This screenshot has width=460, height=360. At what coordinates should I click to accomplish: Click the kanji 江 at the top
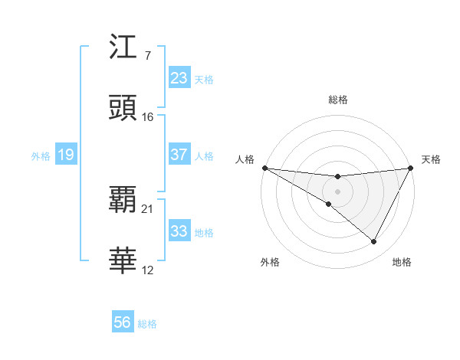pos(123,49)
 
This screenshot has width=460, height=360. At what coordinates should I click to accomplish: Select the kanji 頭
pos(123,108)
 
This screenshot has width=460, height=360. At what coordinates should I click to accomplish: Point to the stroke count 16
pos(148,116)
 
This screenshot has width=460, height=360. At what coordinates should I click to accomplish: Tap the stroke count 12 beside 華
pos(148,270)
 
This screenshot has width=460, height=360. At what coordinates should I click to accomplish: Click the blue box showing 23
pos(179,78)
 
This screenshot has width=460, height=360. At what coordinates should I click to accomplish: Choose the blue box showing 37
pos(179,155)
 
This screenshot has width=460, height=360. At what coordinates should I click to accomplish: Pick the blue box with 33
pos(179,231)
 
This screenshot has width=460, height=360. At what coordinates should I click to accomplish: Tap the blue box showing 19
pos(66,155)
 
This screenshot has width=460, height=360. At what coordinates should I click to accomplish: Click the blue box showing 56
pos(123,322)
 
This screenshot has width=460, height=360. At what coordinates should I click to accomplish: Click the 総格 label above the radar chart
pos(338,100)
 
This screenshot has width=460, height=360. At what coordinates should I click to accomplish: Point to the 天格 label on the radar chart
pos(431,159)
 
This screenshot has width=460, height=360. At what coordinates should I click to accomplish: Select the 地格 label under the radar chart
pos(402,262)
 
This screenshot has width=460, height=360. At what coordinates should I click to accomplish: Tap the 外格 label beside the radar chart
pos(270,262)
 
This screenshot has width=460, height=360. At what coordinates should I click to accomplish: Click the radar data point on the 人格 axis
pos(264,168)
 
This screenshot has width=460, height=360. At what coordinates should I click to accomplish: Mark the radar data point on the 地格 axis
pos(374,242)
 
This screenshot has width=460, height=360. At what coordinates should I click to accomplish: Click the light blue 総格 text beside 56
pos(147,324)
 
